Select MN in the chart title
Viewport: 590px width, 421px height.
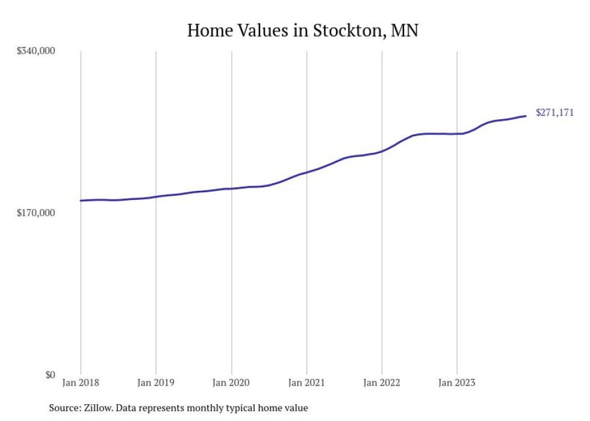404,31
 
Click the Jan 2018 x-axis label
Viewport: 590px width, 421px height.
81,382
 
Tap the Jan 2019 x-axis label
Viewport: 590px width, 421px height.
156,382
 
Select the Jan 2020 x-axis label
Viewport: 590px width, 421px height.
231,382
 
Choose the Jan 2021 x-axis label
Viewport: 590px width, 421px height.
306,382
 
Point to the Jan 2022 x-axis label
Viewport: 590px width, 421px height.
382,382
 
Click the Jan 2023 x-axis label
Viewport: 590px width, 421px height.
457,382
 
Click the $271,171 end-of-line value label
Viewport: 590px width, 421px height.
554,113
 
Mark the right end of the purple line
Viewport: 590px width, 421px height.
526,116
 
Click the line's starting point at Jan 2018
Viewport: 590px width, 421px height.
81,201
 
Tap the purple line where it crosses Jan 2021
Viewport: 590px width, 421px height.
306,173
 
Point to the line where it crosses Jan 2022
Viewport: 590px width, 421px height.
382,151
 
